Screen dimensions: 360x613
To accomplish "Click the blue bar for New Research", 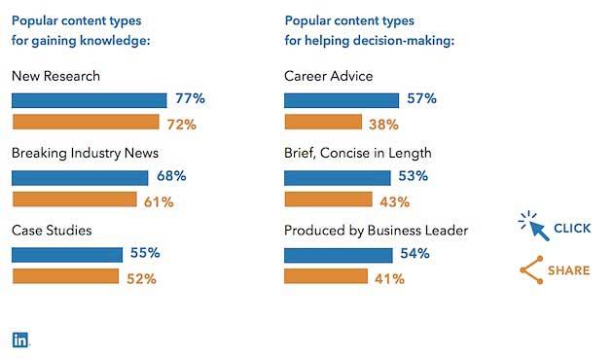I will (89, 100).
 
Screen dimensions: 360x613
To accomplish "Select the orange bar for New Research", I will (85, 123).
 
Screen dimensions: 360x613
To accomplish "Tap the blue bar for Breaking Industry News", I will (79, 177).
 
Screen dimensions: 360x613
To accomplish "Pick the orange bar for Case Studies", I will (65, 277).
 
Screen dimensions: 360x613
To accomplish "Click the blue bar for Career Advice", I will (341, 100).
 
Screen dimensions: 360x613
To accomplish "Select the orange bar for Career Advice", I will (323, 123).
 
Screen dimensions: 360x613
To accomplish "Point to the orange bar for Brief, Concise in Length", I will (328, 199).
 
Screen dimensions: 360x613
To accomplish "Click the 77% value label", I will (191, 99).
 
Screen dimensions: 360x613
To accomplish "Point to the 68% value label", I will (171, 177).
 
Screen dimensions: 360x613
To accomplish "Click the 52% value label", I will (141, 278).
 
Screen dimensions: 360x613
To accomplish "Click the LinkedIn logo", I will (20, 340).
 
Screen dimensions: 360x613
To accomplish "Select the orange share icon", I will (530, 270).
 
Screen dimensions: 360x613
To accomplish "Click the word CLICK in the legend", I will (572, 229).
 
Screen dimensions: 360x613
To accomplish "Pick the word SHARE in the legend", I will (569, 270).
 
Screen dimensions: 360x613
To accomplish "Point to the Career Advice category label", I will (328, 75).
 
